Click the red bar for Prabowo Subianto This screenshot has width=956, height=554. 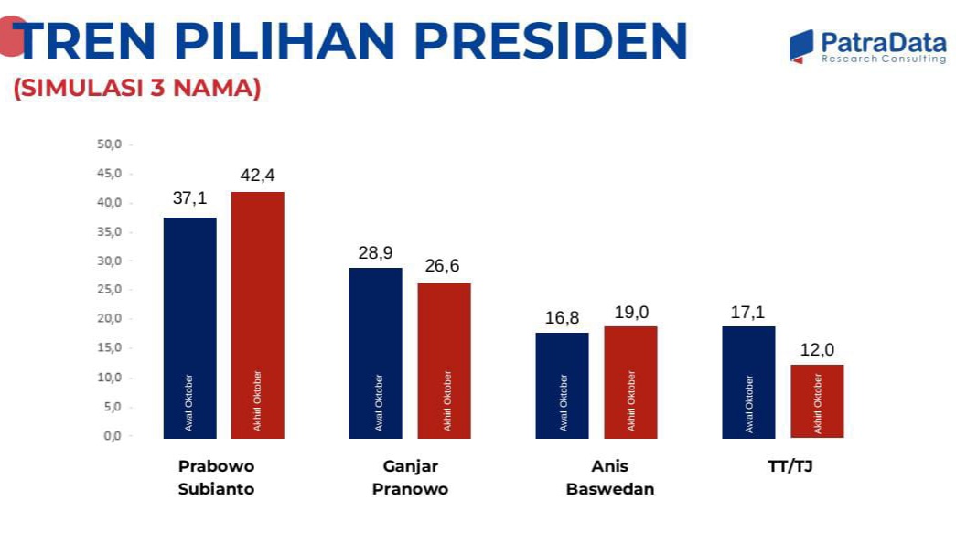[x=257, y=315]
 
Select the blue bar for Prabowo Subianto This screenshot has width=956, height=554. [x=189, y=328]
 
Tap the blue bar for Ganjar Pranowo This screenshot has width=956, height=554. [x=376, y=353]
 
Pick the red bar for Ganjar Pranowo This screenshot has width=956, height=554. [x=444, y=361]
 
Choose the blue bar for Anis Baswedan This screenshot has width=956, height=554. [x=562, y=386]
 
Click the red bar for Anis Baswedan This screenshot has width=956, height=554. [x=630, y=382]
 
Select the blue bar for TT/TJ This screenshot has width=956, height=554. [x=748, y=382]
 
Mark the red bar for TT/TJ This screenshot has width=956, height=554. [x=817, y=401]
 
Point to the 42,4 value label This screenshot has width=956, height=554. [x=257, y=176]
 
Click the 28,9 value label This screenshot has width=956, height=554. [x=376, y=252]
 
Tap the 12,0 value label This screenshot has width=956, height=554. [x=817, y=350]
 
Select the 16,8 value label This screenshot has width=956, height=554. [x=562, y=317]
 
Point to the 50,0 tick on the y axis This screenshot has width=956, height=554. [x=109, y=144]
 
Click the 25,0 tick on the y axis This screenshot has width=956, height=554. [x=109, y=289]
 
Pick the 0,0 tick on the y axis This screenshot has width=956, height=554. [x=113, y=436]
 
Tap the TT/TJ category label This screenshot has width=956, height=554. [x=790, y=466]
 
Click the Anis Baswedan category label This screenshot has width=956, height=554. [x=609, y=478]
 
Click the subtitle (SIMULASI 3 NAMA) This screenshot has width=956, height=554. [x=137, y=88]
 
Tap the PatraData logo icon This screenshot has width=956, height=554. [x=801, y=47]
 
